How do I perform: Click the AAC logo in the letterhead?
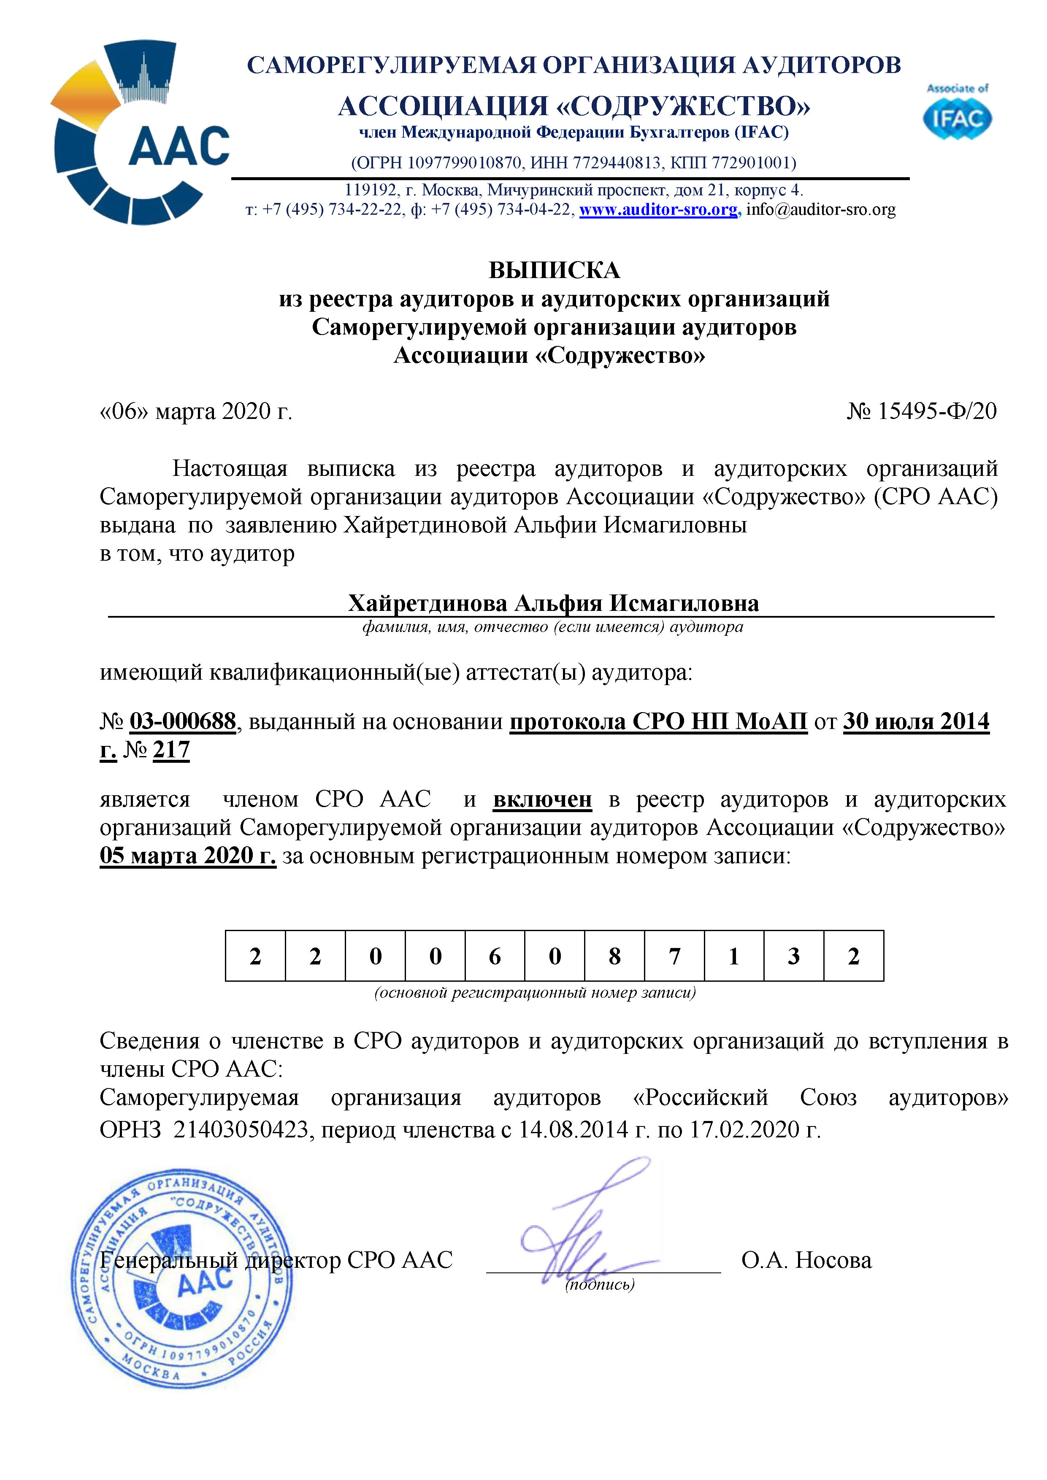coord(141,133)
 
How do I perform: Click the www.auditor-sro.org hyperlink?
coord(658,210)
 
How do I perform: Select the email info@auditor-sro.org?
coord(821,210)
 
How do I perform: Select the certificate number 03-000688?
coord(183,721)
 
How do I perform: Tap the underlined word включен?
coord(542,799)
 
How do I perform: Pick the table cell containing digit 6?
coord(495,956)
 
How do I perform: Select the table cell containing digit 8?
coord(614,956)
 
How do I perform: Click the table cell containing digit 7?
coord(674,956)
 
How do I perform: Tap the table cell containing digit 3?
coord(794,956)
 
